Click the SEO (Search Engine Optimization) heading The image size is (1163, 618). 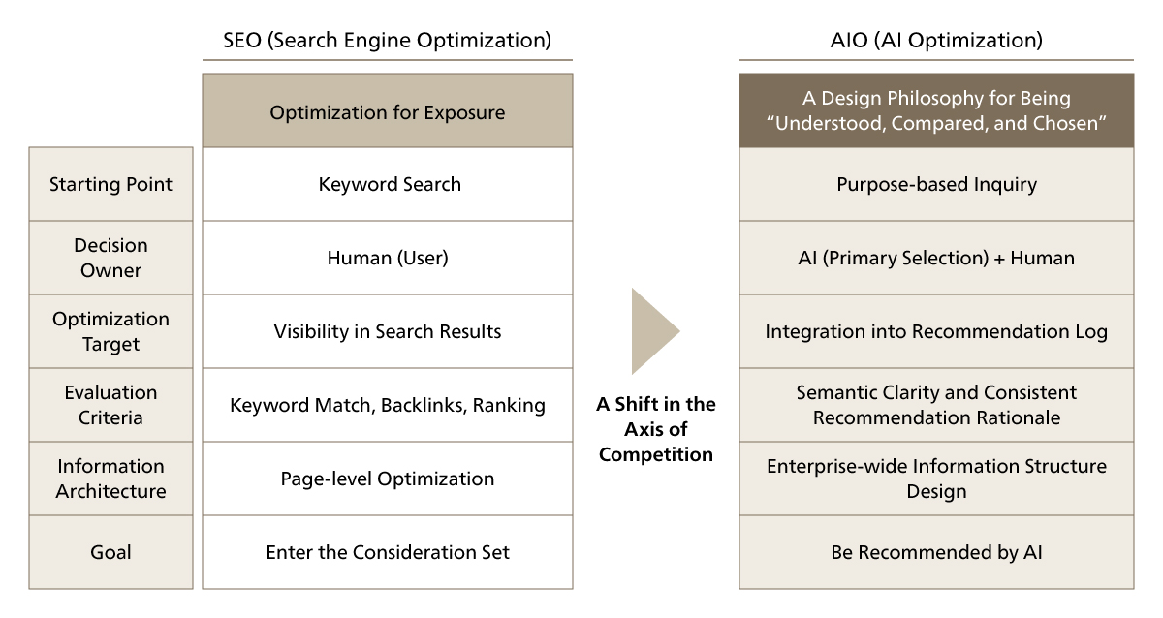point(387,41)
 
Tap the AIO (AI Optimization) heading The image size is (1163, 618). point(935,41)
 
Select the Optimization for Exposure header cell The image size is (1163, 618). point(387,111)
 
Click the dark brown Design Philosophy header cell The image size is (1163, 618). point(935,111)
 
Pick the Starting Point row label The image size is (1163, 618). point(110,184)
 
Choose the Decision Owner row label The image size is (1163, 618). point(110,258)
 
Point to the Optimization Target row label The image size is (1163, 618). point(110,331)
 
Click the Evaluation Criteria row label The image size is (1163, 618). point(110,405)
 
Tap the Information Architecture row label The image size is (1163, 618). point(110,479)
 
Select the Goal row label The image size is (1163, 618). point(110,552)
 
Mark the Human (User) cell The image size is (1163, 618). point(388,258)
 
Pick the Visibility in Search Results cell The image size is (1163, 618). point(388,331)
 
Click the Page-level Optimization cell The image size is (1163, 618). point(388,479)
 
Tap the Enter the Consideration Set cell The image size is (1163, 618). point(388,552)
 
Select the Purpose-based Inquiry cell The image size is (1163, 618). point(935,184)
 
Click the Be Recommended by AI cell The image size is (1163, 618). point(935,552)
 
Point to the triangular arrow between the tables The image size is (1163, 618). point(652,330)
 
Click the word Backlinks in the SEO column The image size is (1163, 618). point(423,405)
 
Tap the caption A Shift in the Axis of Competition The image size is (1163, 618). point(655,428)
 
